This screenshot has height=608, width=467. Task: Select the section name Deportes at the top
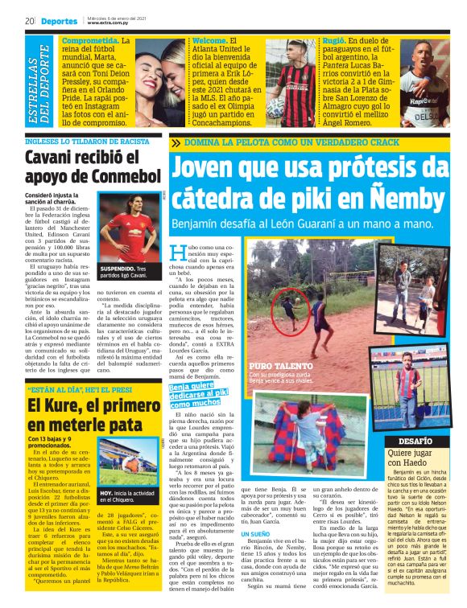pos(58,20)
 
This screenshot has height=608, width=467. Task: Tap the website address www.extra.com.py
pos(111,23)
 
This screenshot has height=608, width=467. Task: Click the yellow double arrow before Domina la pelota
pos(176,142)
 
